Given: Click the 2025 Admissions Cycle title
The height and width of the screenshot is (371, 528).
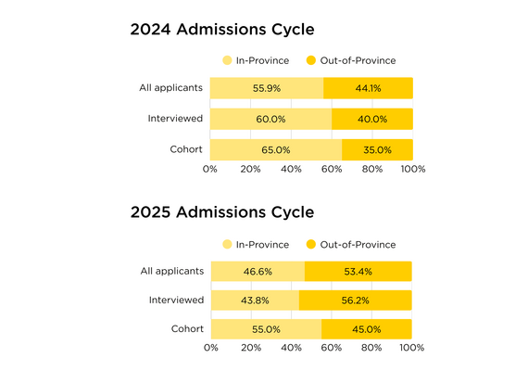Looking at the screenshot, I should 221,211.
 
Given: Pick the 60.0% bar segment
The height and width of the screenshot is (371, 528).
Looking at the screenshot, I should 270,119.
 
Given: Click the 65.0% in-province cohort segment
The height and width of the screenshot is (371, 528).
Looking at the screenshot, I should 276,149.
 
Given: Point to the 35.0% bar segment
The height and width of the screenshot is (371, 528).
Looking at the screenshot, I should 377,149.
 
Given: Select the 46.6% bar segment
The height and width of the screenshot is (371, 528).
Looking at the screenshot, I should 258,272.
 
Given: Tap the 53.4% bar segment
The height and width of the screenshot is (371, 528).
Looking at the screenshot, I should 358,272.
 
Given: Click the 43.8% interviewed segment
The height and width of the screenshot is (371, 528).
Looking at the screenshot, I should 255,301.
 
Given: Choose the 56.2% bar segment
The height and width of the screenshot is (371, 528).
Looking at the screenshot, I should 355,301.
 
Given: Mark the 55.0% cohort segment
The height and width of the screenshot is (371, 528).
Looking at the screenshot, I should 266,329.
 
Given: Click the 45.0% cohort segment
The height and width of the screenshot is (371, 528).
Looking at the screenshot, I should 367,329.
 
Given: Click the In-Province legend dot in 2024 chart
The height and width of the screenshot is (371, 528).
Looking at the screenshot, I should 227,60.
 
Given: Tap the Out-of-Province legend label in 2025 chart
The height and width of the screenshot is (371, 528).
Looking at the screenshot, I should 358,245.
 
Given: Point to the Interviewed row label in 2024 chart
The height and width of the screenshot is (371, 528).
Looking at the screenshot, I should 176,118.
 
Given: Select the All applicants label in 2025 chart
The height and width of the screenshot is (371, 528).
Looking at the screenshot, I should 171,271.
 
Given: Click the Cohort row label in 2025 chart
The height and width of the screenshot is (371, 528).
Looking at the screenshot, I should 187,328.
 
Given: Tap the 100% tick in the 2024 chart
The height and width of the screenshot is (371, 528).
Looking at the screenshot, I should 412,169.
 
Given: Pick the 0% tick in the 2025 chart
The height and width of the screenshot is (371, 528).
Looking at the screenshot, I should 210,348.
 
